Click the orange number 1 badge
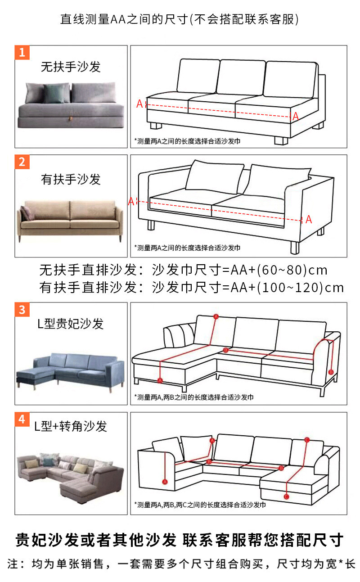click(22, 52)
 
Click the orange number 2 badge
click(22, 162)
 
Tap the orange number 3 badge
click(22, 309)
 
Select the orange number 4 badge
click(22, 420)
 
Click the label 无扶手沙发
click(71, 68)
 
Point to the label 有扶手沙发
click(71, 179)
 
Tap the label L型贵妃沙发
click(71, 324)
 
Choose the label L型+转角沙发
click(71, 426)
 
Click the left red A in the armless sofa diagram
click(139, 104)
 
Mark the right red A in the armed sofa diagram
click(309, 220)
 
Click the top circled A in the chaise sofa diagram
click(216, 316)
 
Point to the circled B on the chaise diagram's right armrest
click(331, 372)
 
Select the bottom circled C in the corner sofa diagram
click(287, 496)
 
